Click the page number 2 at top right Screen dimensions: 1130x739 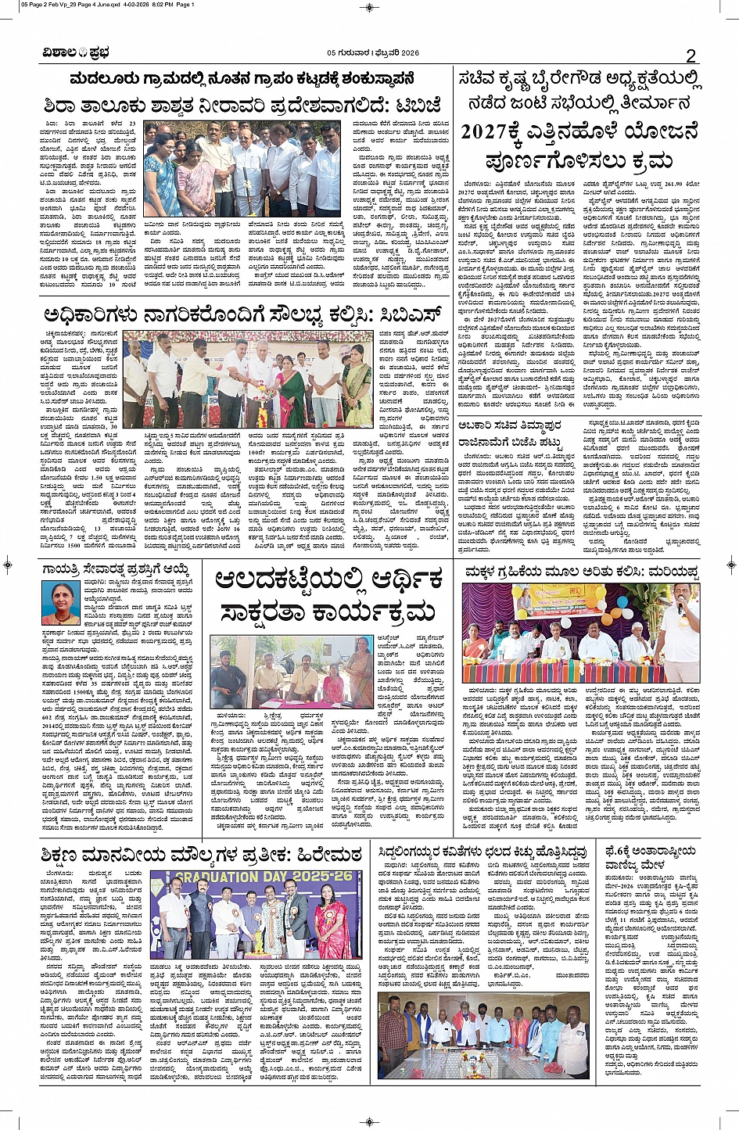(691, 55)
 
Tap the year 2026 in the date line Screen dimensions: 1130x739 (406, 53)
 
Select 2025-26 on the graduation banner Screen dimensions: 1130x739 (324, 877)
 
